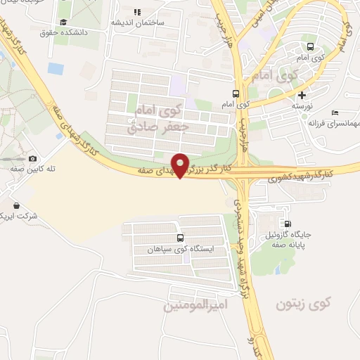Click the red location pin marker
click(181, 165)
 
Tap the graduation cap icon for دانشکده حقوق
click(64, 22)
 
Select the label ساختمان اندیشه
click(138, 22)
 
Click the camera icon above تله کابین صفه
click(32, 158)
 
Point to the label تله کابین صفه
click(22, 169)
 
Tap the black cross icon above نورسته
click(302, 95)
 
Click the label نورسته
click(302, 105)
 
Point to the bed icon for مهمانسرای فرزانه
click(335, 112)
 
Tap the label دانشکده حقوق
click(59, 32)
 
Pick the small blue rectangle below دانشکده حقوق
click(56, 68)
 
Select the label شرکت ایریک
click(15, 214)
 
